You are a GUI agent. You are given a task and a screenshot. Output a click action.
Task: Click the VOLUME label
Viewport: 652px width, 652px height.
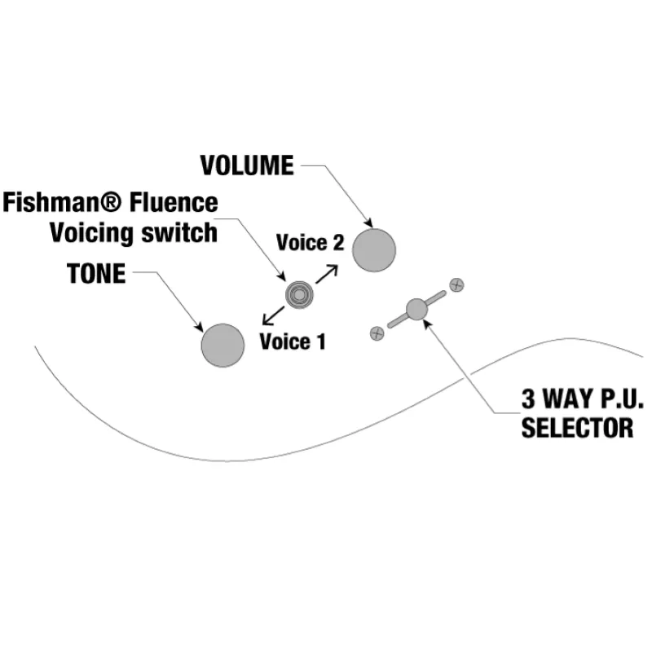[247, 165]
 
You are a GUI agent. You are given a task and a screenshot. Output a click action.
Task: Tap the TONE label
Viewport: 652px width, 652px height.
[97, 275]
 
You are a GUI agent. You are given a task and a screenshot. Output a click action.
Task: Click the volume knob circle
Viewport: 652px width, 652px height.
[375, 249]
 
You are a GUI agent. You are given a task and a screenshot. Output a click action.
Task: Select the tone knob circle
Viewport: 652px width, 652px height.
[222, 345]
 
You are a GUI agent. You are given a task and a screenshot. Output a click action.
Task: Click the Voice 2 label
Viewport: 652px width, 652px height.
[311, 242]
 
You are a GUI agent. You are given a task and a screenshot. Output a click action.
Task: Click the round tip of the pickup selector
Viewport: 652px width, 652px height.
[416, 309]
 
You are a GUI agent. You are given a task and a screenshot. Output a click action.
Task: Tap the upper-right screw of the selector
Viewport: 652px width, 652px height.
[457, 285]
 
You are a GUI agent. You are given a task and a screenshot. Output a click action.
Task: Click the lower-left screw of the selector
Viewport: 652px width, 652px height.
[377, 333]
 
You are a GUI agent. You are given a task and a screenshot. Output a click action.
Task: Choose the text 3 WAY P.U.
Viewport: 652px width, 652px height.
[583, 400]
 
